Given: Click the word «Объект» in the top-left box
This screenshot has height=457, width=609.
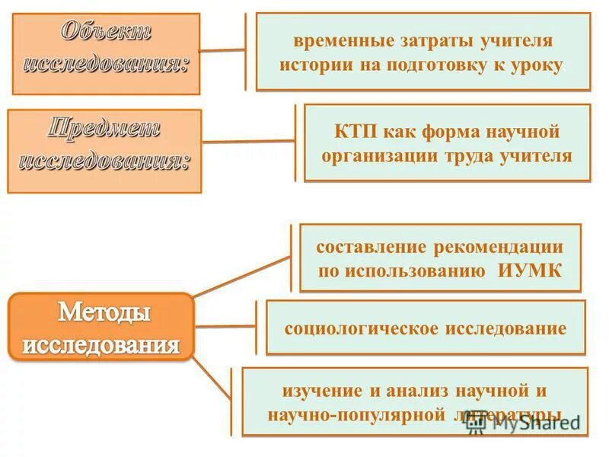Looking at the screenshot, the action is [106, 33].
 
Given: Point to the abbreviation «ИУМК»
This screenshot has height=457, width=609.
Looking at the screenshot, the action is [531, 272].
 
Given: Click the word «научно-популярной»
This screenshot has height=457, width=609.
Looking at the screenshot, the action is [356, 415].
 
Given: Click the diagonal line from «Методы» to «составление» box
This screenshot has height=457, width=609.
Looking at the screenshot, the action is [243, 275].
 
